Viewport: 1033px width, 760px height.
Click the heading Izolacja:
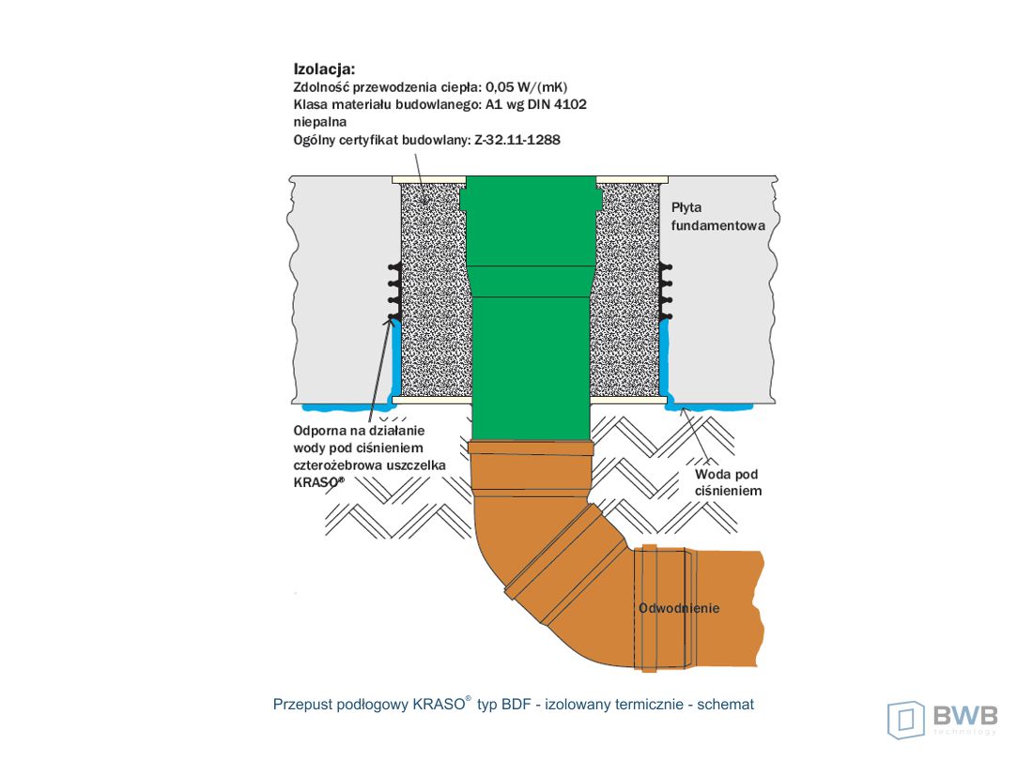coord(324,69)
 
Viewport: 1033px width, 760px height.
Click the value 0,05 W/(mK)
coord(527,87)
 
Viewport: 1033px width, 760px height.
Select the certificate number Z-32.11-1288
coord(517,140)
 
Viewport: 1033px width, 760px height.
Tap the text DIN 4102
coord(557,104)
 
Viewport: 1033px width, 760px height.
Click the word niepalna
coord(319,122)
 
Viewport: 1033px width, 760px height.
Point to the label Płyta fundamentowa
coord(718,217)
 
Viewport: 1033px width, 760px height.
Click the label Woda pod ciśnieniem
coord(728,482)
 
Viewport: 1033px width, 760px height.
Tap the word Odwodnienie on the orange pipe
coord(679,608)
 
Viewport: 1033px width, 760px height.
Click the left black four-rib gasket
coord(394,292)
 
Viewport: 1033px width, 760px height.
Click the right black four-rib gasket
coord(666,292)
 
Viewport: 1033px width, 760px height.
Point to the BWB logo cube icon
coord(906,720)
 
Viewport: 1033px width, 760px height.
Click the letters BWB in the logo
coord(965,715)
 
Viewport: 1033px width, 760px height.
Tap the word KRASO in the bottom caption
coord(439,705)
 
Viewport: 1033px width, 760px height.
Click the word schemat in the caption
coord(725,705)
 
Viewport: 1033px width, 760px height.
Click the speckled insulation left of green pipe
coord(432,293)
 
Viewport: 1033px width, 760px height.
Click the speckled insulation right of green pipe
coord(625,293)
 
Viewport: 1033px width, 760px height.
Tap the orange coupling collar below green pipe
coord(531,449)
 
